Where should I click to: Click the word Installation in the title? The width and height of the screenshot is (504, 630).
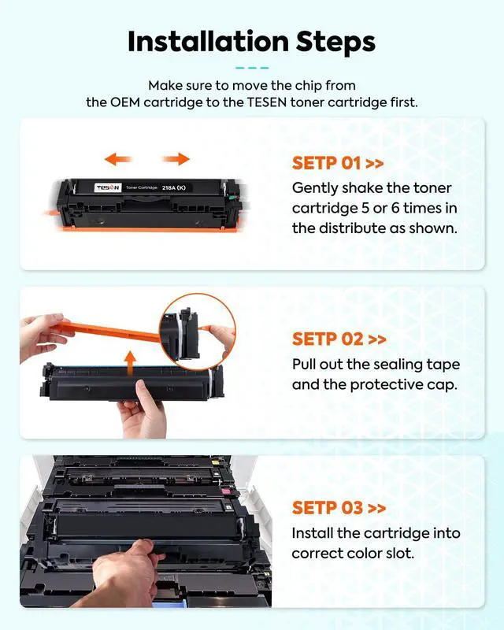pos(208,42)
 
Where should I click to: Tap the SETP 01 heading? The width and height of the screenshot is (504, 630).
pos(338,163)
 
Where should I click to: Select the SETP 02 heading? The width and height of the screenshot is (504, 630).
pos(339,339)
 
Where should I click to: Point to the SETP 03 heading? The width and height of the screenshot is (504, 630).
pos(339,507)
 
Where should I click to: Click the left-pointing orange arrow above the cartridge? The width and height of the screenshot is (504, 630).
pos(118,159)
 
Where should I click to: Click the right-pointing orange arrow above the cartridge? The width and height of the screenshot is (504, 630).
pos(176,159)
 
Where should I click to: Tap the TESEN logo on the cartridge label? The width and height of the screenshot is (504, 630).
pos(108,187)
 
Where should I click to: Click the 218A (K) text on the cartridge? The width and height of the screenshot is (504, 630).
pos(173,187)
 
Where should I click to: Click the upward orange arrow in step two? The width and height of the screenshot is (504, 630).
pos(130,362)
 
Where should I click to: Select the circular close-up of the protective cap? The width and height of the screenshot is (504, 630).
pos(198,332)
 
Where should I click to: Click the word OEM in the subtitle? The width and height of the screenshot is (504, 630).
pos(125,102)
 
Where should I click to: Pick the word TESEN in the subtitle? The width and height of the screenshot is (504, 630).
pos(266,102)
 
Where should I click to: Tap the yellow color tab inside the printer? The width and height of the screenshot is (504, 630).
pos(215,463)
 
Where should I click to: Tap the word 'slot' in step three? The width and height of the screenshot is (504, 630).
pos(400,554)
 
